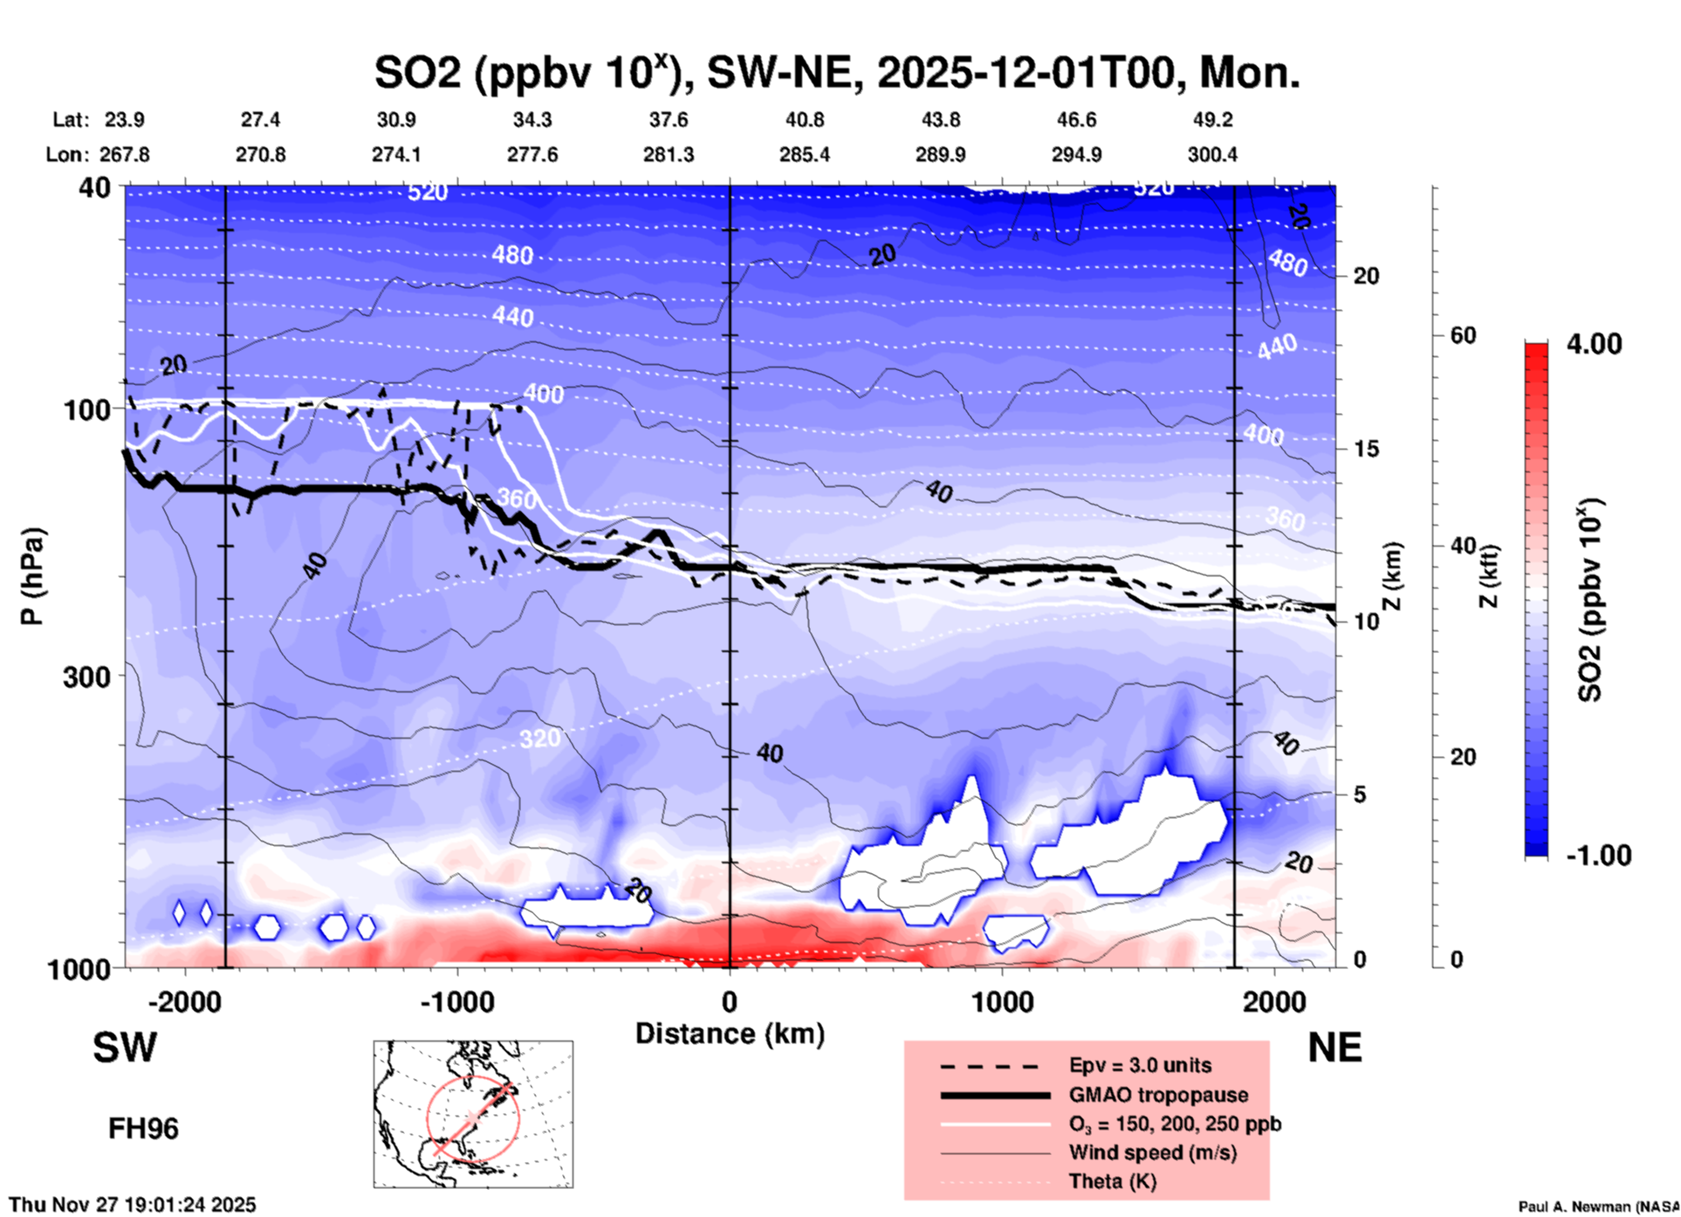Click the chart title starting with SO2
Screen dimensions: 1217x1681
click(836, 73)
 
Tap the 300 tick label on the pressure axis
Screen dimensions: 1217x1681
click(87, 677)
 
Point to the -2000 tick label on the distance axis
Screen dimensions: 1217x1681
click(184, 1002)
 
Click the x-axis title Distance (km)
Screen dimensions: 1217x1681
click(730, 1034)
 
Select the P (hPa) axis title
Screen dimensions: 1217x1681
click(32, 576)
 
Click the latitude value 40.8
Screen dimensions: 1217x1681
click(804, 120)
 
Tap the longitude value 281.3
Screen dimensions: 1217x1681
click(669, 155)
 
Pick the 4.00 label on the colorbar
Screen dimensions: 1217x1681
click(1594, 344)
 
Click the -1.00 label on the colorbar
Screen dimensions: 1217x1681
click(1597, 856)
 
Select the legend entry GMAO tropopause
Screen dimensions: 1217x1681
click(1158, 1095)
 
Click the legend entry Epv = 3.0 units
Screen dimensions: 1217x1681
click(1140, 1066)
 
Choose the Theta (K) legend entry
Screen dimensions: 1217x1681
click(1112, 1181)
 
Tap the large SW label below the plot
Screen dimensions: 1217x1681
click(125, 1048)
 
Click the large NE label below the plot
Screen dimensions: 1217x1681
click(1335, 1048)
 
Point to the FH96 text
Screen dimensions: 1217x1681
click(143, 1129)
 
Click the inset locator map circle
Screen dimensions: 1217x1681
click(473, 1118)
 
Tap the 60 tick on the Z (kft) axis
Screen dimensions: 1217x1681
click(1463, 336)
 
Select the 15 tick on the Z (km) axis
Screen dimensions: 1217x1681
click(1366, 449)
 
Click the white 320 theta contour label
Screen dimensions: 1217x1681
click(539, 739)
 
